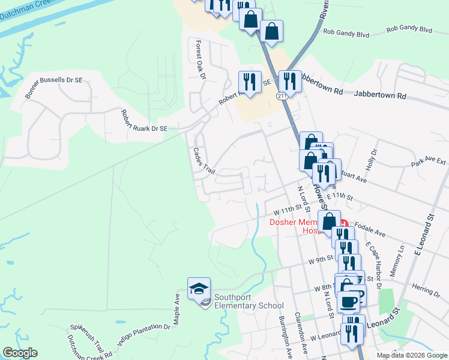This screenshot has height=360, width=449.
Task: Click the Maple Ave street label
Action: coord(177,309)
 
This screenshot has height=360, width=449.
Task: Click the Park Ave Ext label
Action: coord(429,162)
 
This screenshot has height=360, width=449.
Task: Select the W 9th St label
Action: coord(321,261)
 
